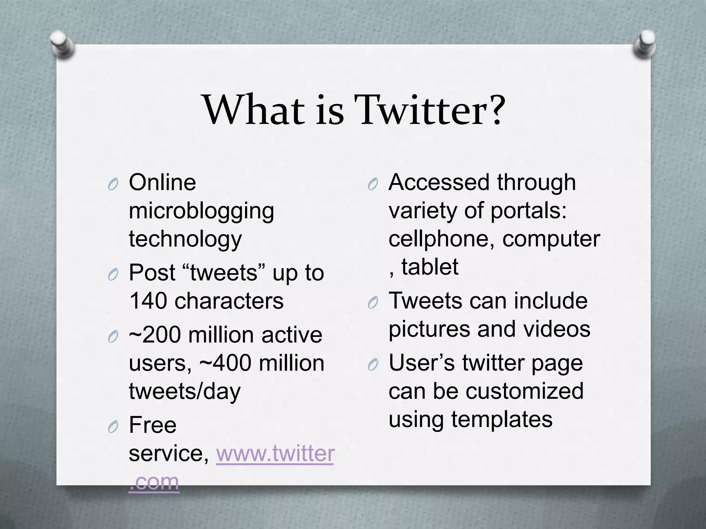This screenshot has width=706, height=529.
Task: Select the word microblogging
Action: tap(201, 211)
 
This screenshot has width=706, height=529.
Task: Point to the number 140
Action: tap(149, 301)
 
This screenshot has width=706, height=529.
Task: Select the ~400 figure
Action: tap(225, 363)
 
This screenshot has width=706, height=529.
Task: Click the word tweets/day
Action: tap(185, 392)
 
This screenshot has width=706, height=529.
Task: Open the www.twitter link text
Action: tap(275, 453)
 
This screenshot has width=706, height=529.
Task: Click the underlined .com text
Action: tap(154, 482)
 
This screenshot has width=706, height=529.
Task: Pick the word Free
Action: tap(153, 425)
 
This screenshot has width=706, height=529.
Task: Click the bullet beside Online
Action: tap(113, 185)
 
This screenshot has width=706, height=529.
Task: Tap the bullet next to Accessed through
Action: tap(373, 185)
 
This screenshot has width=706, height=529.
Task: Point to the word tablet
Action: tap(430, 267)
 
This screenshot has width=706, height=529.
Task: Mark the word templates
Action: tap(502, 420)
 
